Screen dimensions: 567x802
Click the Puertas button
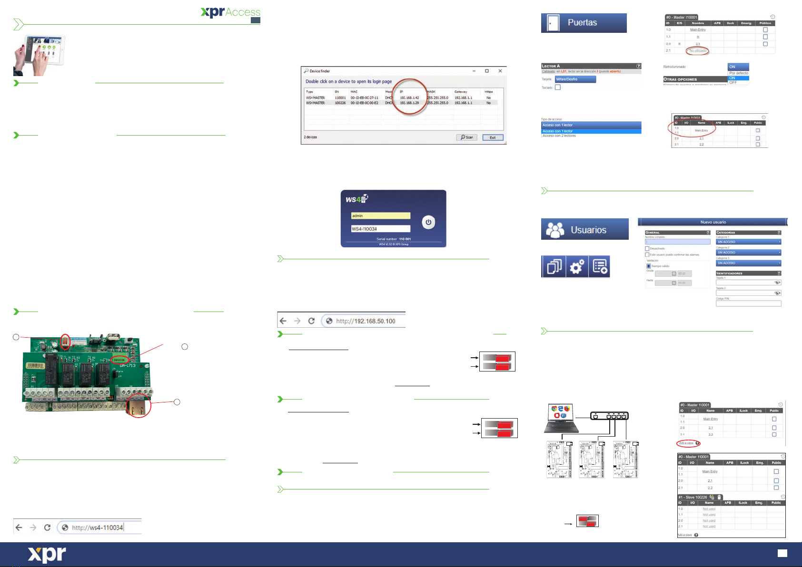(584, 23)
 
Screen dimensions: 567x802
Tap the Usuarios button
(584, 229)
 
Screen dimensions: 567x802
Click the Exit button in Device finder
(493, 137)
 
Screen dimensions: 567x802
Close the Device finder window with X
(500, 71)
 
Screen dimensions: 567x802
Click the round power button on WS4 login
(428, 222)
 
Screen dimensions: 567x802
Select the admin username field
(380, 216)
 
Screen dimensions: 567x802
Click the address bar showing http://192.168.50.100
(365, 321)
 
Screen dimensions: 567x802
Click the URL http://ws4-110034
(98, 528)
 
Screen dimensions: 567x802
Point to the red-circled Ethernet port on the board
(139, 405)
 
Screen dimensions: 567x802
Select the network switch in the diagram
(609, 416)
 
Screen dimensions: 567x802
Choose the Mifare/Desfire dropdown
(575, 79)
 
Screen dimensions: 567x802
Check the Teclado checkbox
(558, 88)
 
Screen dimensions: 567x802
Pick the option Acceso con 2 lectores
(559, 136)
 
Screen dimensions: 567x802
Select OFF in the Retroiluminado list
(733, 83)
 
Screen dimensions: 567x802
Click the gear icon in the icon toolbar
(576, 266)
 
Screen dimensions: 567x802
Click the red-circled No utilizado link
(698, 50)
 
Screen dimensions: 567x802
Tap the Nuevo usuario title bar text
(713, 222)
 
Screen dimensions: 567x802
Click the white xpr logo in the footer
(47, 555)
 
